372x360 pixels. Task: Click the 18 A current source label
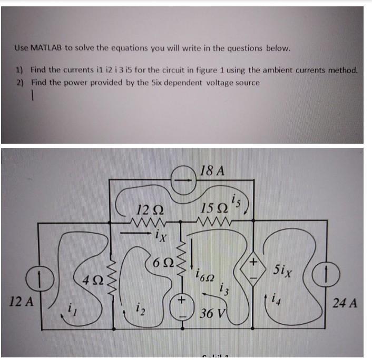213,171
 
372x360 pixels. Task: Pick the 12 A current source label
22,303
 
